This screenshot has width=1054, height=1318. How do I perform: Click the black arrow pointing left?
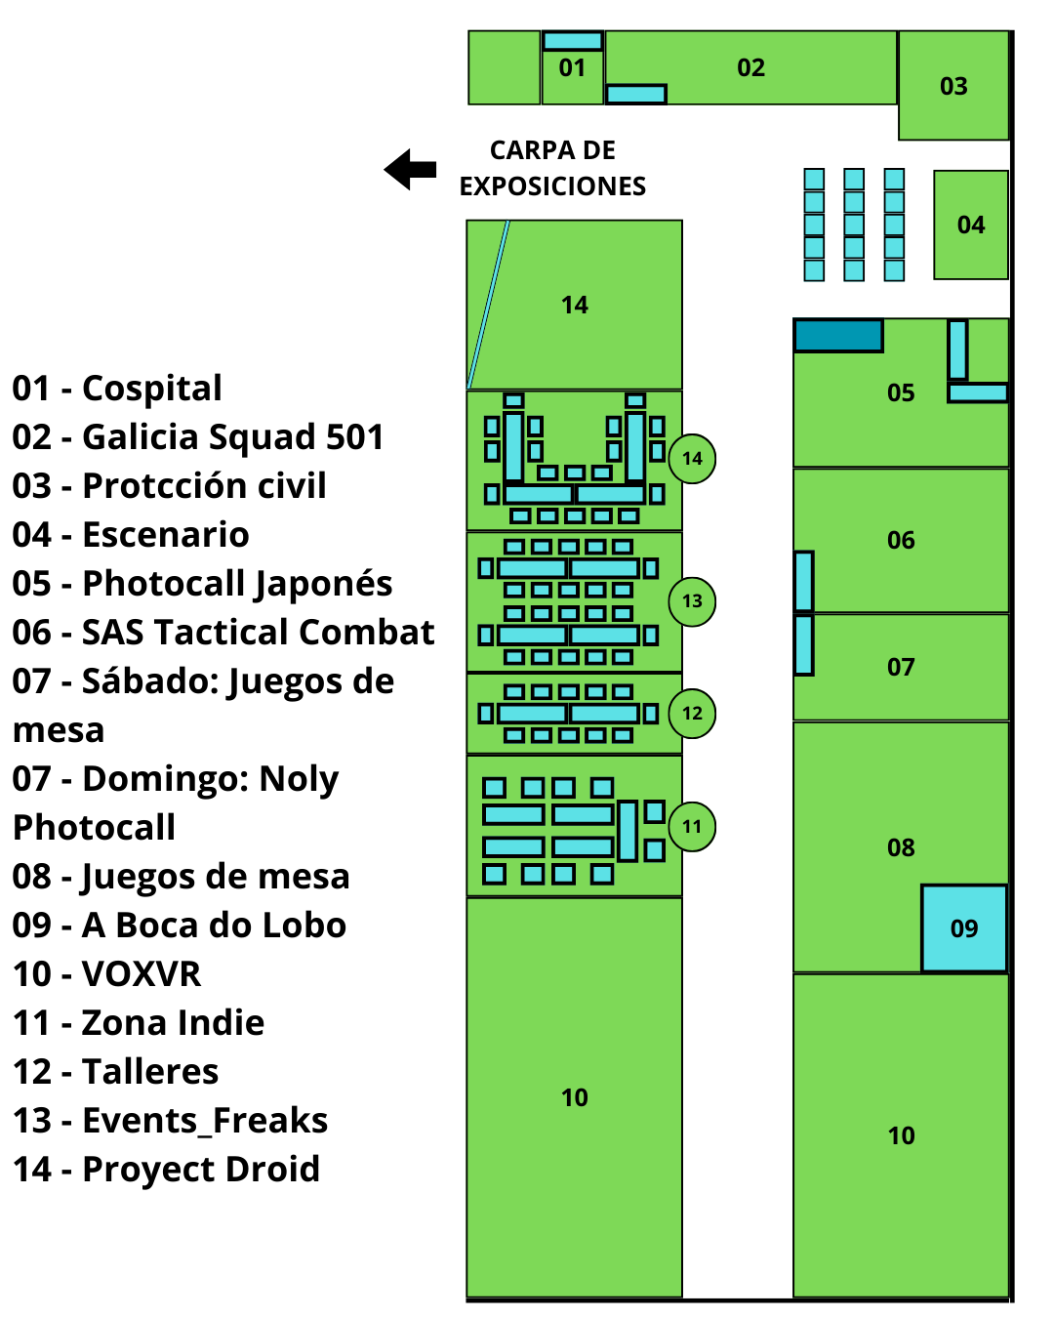410,170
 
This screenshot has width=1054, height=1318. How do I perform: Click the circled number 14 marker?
692,458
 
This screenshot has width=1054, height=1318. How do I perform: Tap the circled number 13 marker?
692,600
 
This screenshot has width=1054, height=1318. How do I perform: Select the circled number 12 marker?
692,713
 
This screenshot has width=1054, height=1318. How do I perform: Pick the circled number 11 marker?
692,826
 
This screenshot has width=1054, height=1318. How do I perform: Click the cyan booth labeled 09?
964,927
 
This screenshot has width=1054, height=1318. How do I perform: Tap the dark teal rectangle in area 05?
837,336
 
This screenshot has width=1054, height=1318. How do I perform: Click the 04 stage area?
970,225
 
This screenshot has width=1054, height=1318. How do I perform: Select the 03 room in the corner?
953,86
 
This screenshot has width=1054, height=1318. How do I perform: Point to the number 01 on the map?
572,68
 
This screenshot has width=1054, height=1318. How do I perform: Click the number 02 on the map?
750,68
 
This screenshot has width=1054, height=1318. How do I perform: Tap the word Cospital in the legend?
151,388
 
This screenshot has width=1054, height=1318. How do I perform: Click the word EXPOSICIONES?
552,185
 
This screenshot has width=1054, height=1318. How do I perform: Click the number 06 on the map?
901,540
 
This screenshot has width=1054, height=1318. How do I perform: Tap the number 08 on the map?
901,847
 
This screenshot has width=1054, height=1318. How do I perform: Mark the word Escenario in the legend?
165,534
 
